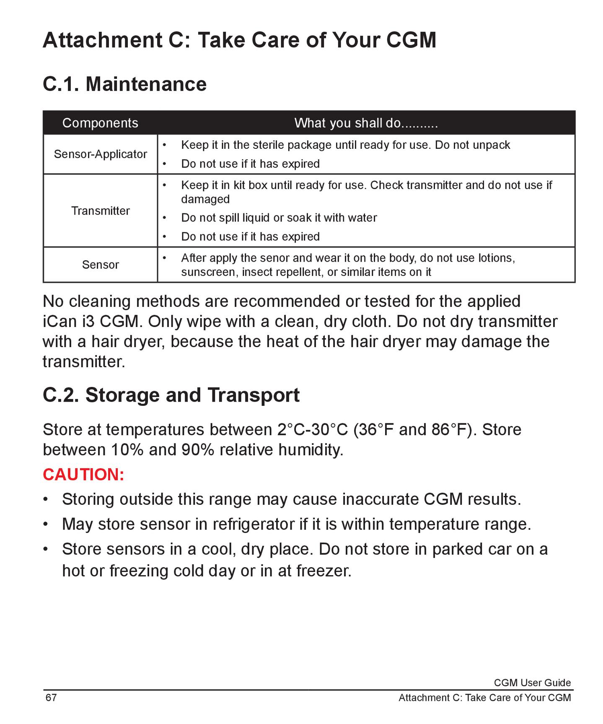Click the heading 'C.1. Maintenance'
coord(124,84)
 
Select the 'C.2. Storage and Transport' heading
coord(171,395)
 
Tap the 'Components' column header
coord(100,123)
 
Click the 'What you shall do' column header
coord(366,123)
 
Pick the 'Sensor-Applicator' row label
coord(100,154)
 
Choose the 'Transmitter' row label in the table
coord(100,210)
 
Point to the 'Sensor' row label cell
coord(100,265)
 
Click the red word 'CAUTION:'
coord(83,474)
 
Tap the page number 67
coord(51,698)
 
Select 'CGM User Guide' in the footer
coord(532,683)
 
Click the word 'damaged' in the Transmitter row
coord(205,199)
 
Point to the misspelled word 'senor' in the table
coord(273,258)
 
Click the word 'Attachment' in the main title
coord(102,40)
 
